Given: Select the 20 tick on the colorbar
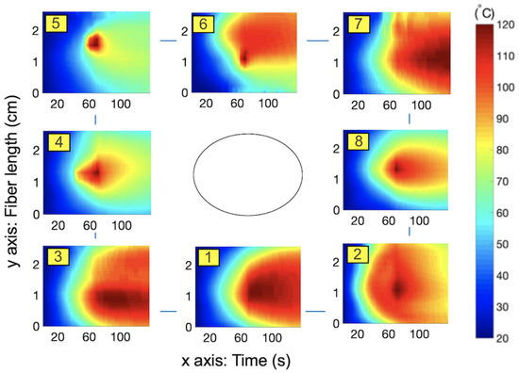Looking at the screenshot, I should pos(502,335).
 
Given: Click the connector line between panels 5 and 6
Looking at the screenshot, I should pos(169,41).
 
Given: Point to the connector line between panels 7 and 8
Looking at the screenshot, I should pos(409,119).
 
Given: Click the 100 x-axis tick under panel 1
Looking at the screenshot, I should pos(269,337).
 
